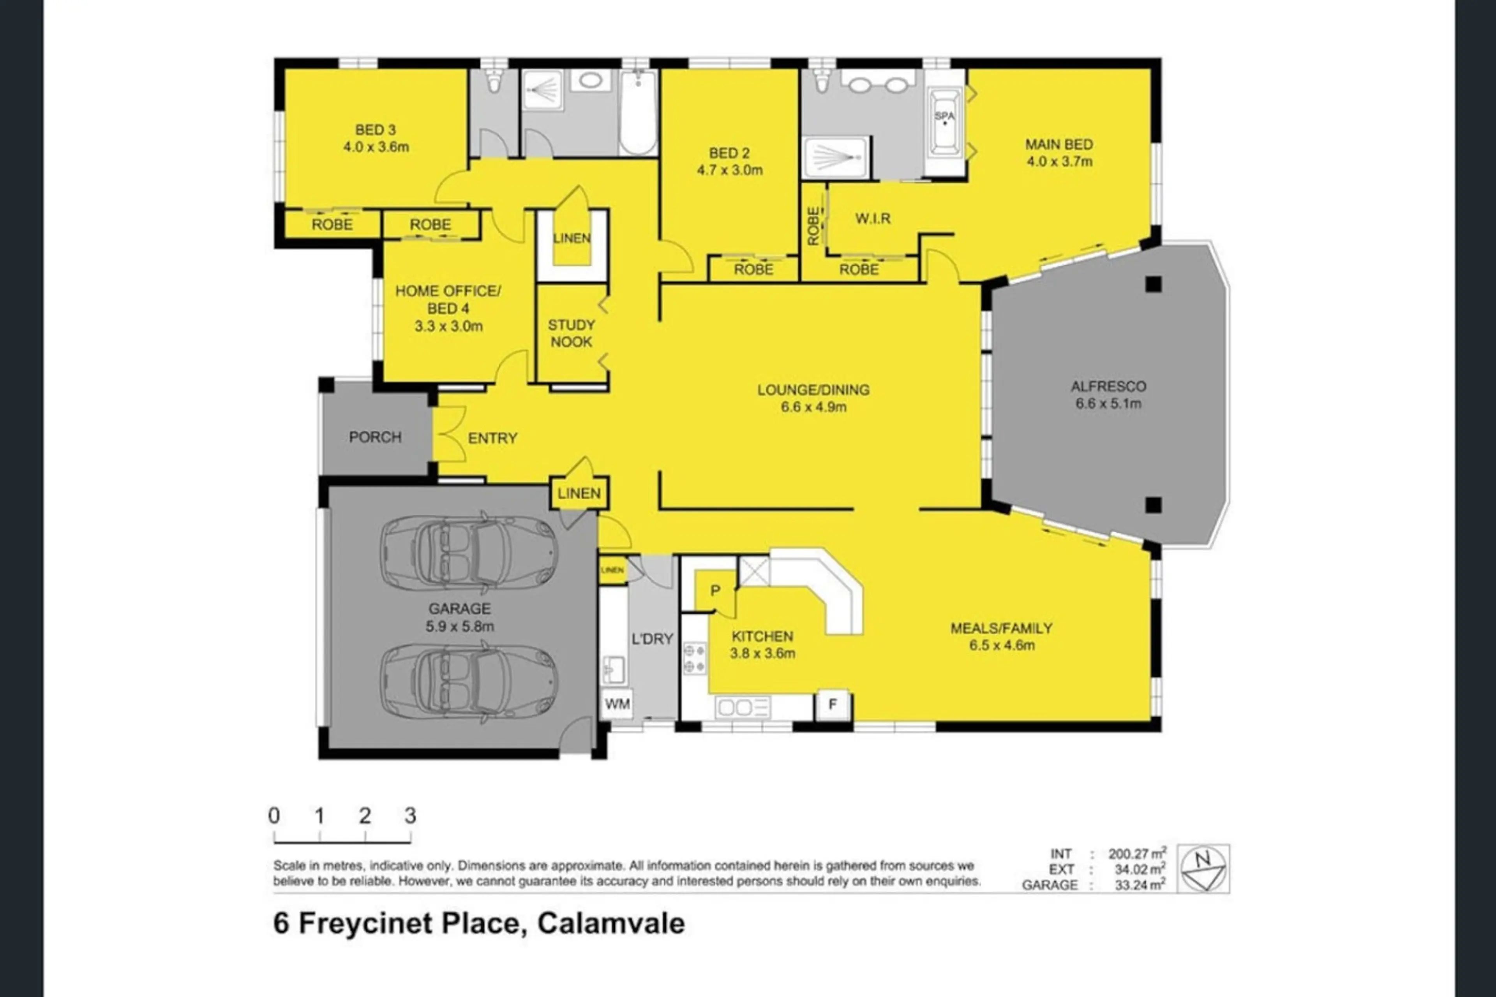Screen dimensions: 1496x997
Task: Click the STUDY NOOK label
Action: coord(571,333)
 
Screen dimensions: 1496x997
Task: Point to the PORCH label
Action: coord(375,437)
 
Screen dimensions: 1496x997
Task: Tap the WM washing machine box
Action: coord(617,704)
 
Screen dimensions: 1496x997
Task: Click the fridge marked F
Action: coord(833,704)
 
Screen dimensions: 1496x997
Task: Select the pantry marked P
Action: coord(715,591)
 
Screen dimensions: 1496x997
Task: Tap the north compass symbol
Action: coord(1203,868)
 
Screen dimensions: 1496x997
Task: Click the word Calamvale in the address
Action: coord(611,924)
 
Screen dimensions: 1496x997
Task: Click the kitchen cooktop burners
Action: coord(694,658)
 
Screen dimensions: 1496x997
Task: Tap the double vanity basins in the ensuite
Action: coord(878,85)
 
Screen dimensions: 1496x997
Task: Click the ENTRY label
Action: coord(492,438)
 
